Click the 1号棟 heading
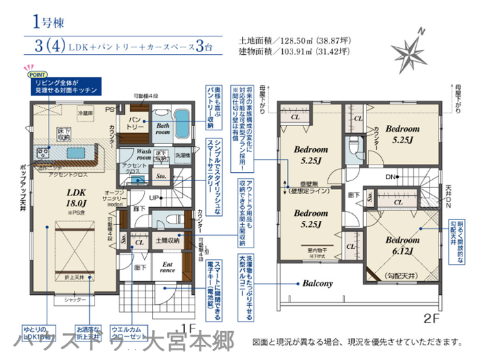[x=47, y=20]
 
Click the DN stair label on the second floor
[x=391, y=177]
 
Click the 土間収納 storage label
[x=166, y=241]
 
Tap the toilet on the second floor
[x=352, y=146]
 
